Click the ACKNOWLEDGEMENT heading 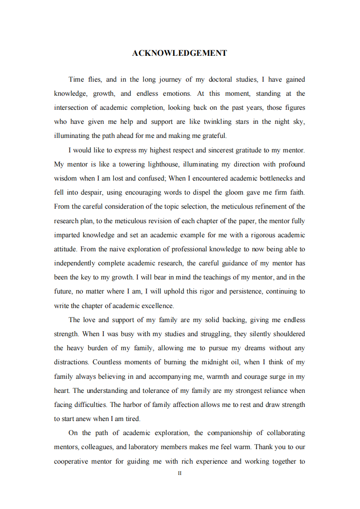point(179,53)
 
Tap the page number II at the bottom point(180,473)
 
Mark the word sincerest point(213,150)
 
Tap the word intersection point(73,108)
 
